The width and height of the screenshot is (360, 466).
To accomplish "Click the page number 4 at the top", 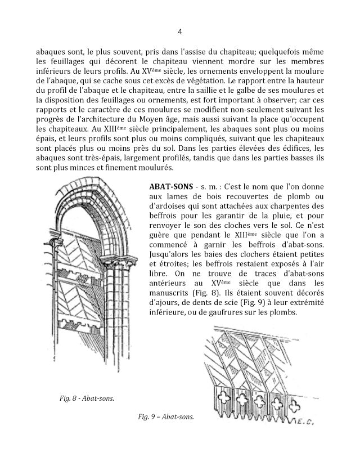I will (179, 32).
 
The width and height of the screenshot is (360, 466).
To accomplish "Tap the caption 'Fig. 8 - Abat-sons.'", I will (86, 399).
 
